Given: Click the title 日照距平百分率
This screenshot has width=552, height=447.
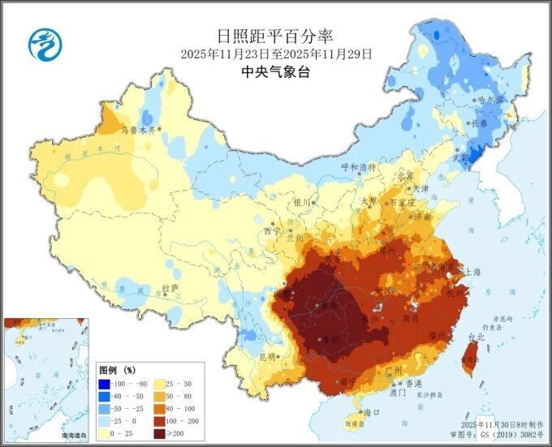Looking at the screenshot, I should [x=275, y=36].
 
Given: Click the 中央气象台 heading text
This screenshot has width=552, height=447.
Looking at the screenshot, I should [x=275, y=72].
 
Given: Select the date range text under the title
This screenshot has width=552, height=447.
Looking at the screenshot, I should [x=275, y=54].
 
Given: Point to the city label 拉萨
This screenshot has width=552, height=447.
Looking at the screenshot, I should [x=170, y=287].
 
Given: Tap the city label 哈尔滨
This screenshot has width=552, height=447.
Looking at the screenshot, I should [x=490, y=100].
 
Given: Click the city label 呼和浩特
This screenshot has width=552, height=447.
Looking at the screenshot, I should [x=360, y=167].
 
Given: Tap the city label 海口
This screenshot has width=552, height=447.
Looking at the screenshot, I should [x=373, y=413].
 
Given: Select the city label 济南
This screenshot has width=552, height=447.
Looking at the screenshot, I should [x=422, y=217].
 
